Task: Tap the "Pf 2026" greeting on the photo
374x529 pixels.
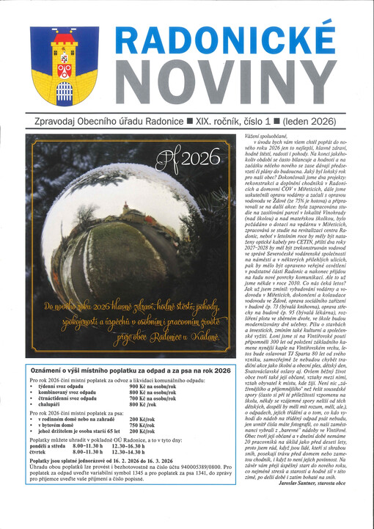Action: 183,158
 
